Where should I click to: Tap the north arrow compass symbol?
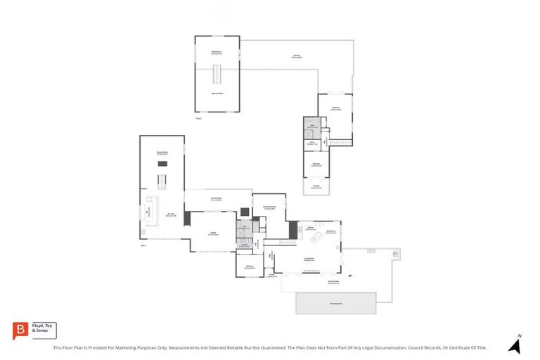point(515,345)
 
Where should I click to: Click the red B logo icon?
point(21,330)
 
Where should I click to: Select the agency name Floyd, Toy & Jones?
point(44,329)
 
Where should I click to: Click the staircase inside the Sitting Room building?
point(217,73)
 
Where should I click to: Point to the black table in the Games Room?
point(162,164)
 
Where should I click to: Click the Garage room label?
point(212,233)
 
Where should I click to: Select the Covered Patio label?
point(218,200)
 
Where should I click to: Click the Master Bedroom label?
point(269,208)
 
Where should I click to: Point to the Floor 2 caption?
point(199,118)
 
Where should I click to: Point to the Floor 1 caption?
point(143,245)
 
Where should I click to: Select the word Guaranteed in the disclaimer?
point(270,347)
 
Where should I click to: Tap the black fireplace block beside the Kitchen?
point(292,229)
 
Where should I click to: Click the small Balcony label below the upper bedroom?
point(316,187)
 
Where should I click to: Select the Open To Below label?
point(217,93)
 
